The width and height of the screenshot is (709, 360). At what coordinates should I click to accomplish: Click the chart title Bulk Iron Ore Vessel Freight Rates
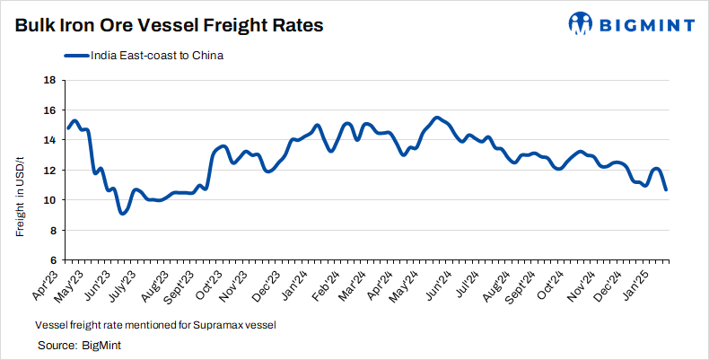click(169, 25)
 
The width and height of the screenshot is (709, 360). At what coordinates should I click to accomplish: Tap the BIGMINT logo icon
click(579, 23)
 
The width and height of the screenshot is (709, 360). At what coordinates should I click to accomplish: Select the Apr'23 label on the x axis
click(57, 282)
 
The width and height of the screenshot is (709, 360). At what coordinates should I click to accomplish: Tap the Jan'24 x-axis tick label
click(299, 282)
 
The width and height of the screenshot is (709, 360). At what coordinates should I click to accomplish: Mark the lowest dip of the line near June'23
click(123, 213)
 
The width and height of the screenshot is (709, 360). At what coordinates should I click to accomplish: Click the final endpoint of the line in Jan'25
click(665, 189)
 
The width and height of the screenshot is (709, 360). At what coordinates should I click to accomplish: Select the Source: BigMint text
click(79, 345)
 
